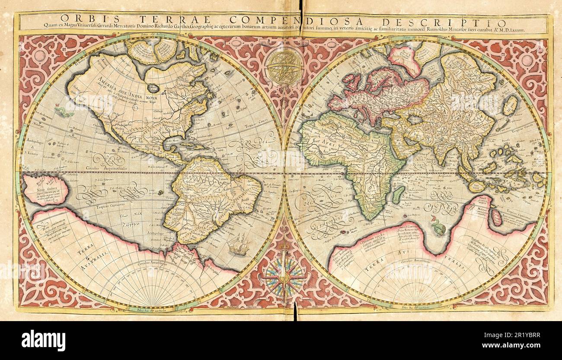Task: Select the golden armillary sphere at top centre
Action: pyautogui.click(x=284, y=67)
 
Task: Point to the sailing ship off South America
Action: pyautogui.click(x=238, y=245)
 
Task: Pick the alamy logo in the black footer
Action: pyautogui.click(x=43, y=340)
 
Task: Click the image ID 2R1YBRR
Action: pyautogui.click(x=518, y=334)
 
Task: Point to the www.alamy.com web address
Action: pyautogui.click(x=518, y=346)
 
